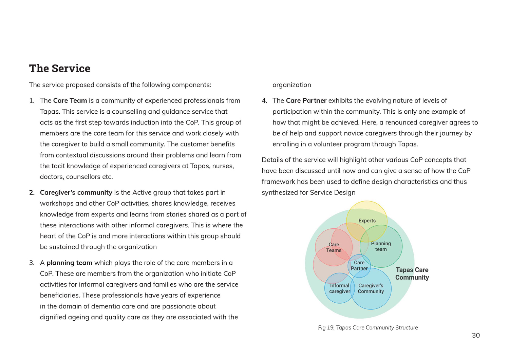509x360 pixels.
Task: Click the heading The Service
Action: click(60, 69)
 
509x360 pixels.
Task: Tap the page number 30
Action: click(476, 336)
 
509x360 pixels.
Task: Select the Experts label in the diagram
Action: click(367, 221)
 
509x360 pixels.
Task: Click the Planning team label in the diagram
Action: click(381, 246)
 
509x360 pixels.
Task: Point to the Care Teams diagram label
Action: click(334, 247)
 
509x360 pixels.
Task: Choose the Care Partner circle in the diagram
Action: click(359, 265)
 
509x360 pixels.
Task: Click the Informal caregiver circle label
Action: click(339, 288)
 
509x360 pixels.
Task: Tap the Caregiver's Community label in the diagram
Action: click(371, 288)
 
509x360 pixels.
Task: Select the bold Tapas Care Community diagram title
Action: click(412, 273)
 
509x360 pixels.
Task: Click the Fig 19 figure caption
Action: click(368, 327)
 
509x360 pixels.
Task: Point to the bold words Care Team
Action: click(70, 101)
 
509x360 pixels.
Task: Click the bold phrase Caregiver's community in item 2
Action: click(76, 193)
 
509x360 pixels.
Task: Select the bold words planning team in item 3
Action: click(69, 263)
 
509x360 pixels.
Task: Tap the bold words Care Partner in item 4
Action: click(306, 101)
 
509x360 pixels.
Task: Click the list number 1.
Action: click(32, 101)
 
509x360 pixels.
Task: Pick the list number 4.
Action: click(264, 101)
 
